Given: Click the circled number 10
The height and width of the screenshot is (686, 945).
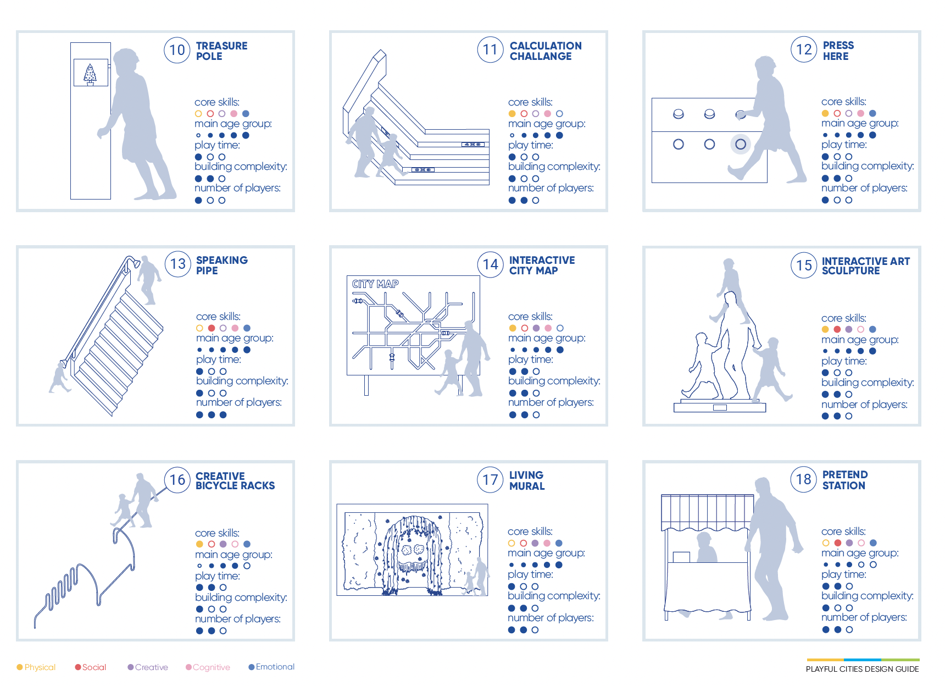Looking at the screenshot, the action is click(177, 50).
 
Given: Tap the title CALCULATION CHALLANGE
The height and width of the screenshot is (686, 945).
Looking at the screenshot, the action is click(546, 51).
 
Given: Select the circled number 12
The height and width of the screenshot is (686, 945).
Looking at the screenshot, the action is click(804, 49).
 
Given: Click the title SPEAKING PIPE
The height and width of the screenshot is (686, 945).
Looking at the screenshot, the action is click(222, 265).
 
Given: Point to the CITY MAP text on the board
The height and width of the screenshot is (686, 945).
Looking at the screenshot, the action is click(375, 284).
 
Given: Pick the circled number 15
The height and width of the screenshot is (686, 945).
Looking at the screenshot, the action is click(804, 265).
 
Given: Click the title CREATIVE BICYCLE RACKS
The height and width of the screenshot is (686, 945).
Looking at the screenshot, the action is click(235, 481).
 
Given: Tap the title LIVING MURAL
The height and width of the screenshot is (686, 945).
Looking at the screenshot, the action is click(527, 480).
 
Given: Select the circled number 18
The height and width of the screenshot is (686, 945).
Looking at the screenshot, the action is click(804, 479).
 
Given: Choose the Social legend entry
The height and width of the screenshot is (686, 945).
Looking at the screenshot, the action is click(91, 667).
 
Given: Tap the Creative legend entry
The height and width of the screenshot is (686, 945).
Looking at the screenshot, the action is click(148, 667).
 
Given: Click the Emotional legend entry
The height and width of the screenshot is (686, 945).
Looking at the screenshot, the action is click(271, 667).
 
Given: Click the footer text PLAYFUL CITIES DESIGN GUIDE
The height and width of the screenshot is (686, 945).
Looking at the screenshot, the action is click(862, 669).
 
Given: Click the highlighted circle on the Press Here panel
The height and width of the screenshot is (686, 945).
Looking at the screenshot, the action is click(741, 144).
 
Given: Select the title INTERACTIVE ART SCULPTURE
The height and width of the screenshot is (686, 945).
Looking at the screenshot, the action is click(866, 266).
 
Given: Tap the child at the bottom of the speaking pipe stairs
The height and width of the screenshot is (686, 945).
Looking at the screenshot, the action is click(59, 378).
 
